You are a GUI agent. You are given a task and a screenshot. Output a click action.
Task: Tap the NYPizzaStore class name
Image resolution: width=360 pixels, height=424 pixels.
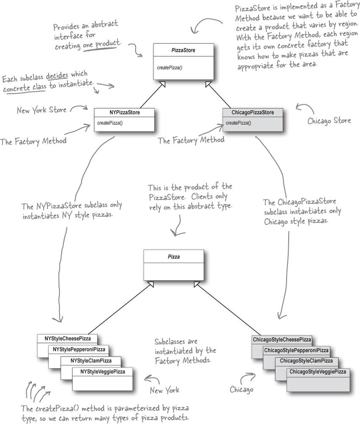pyautogui.click(x=124, y=113)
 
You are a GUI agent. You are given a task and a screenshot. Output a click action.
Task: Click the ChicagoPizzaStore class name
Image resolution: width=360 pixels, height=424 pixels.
pyautogui.click(x=253, y=113)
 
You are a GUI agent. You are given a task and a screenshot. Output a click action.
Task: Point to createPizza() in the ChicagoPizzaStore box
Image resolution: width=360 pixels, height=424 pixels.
pyautogui.click(x=238, y=123)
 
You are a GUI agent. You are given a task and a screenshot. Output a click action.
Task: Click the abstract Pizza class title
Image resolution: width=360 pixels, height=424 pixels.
pyautogui.click(x=174, y=257)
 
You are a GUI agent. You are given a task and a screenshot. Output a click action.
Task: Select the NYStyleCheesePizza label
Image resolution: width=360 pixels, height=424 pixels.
pyautogui.click(x=68, y=339)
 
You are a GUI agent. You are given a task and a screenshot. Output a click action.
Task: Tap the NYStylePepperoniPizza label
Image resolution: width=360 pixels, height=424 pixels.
pyautogui.click(x=79, y=350)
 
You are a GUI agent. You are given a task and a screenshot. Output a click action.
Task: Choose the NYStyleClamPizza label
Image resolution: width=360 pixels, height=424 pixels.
pyautogui.click(x=91, y=360)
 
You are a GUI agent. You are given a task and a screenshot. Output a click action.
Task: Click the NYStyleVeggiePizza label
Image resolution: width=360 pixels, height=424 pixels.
pyautogui.click(x=102, y=371)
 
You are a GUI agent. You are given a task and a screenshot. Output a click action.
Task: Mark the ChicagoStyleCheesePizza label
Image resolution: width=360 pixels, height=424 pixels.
pyautogui.click(x=282, y=340)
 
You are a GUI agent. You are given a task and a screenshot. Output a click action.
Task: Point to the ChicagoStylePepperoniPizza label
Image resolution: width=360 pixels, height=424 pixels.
pyautogui.click(x=296, y=350)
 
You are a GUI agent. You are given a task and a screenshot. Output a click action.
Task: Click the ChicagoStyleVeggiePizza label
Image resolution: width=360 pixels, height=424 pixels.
pyautogui.click(x=318, y=372)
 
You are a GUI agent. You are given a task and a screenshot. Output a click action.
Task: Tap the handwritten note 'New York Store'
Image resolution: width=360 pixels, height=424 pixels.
pyautogui.click(x=42, y=110)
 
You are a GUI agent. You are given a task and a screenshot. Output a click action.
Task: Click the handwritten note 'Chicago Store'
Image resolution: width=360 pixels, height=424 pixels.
pyautogui.click(x=329, y=120)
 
